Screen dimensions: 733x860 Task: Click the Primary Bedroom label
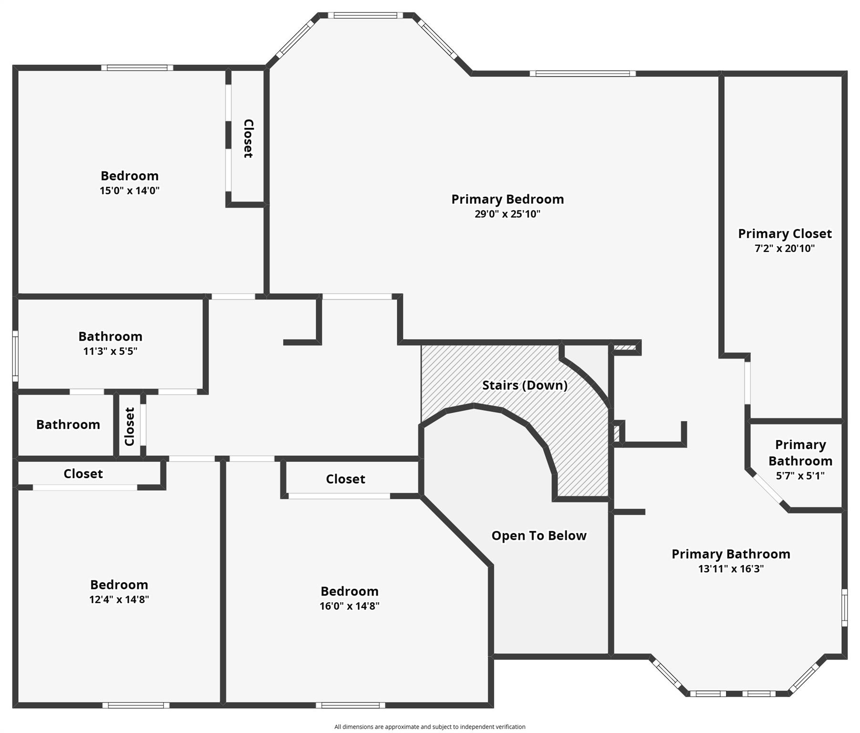508,199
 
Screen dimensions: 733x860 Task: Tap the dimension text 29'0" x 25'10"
508,214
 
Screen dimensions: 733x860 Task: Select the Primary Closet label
785,233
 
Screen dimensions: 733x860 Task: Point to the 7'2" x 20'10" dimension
785,248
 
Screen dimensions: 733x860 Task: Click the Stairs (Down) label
525,385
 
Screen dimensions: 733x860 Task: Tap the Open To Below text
539,535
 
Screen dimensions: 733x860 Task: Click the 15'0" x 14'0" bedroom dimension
129,190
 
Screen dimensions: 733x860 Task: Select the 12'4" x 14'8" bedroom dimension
119,599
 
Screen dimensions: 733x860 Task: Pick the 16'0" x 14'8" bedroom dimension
350,606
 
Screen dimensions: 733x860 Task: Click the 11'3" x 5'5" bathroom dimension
110,351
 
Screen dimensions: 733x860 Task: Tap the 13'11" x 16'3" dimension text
731,569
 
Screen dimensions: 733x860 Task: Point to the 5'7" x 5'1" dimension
800,476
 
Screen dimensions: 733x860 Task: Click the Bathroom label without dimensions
68,424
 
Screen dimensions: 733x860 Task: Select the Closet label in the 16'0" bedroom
345,479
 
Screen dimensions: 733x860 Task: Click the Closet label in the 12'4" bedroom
83,473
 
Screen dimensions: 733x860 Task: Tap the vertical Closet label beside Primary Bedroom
248,138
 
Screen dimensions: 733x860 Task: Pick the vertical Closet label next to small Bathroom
130,426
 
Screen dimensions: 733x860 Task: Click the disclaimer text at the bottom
430,727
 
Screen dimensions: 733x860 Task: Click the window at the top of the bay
365,15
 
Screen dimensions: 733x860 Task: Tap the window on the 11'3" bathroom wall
15,356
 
